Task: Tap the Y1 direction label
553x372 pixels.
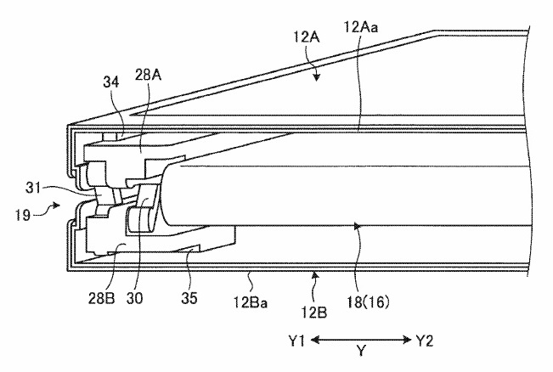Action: tap(296, 341)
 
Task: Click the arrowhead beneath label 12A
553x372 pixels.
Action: tap(317, 78)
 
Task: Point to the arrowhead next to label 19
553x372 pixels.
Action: tap(58, 205)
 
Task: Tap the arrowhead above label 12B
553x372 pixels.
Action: tap(314, 274)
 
